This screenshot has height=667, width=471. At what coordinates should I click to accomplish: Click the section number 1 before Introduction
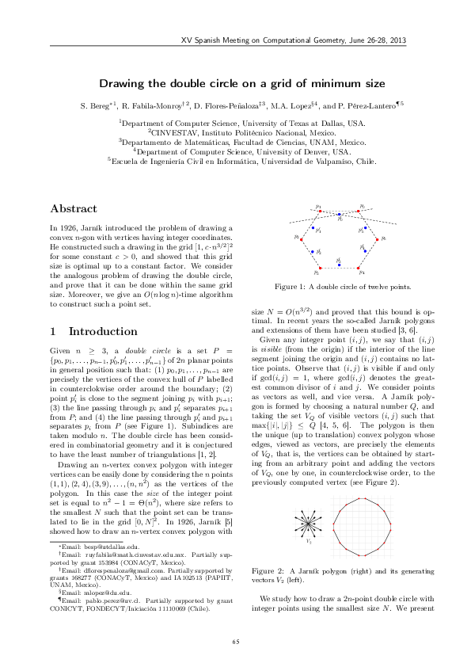coord(53,330)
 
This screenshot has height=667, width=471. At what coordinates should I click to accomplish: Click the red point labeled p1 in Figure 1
coord(318,210)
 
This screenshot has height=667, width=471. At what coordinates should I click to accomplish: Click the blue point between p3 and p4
coord(339,259)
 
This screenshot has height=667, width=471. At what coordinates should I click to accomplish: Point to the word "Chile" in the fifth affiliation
coord(363,160)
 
